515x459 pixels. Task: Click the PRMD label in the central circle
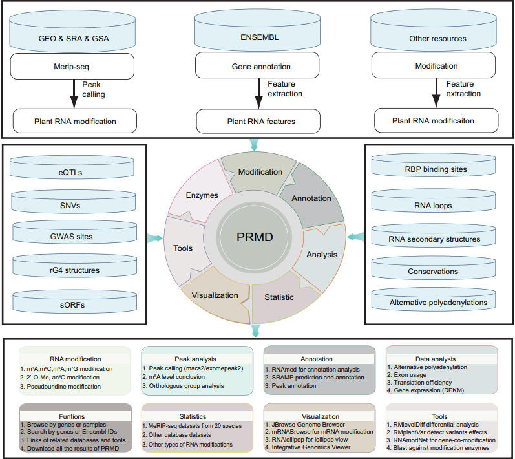click(253, 237)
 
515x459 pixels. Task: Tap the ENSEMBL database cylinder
click(258, 38)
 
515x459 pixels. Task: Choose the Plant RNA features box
click(258, 120)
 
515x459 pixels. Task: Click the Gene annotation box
click(258, 66)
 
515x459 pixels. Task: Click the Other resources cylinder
click(437, 38)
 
